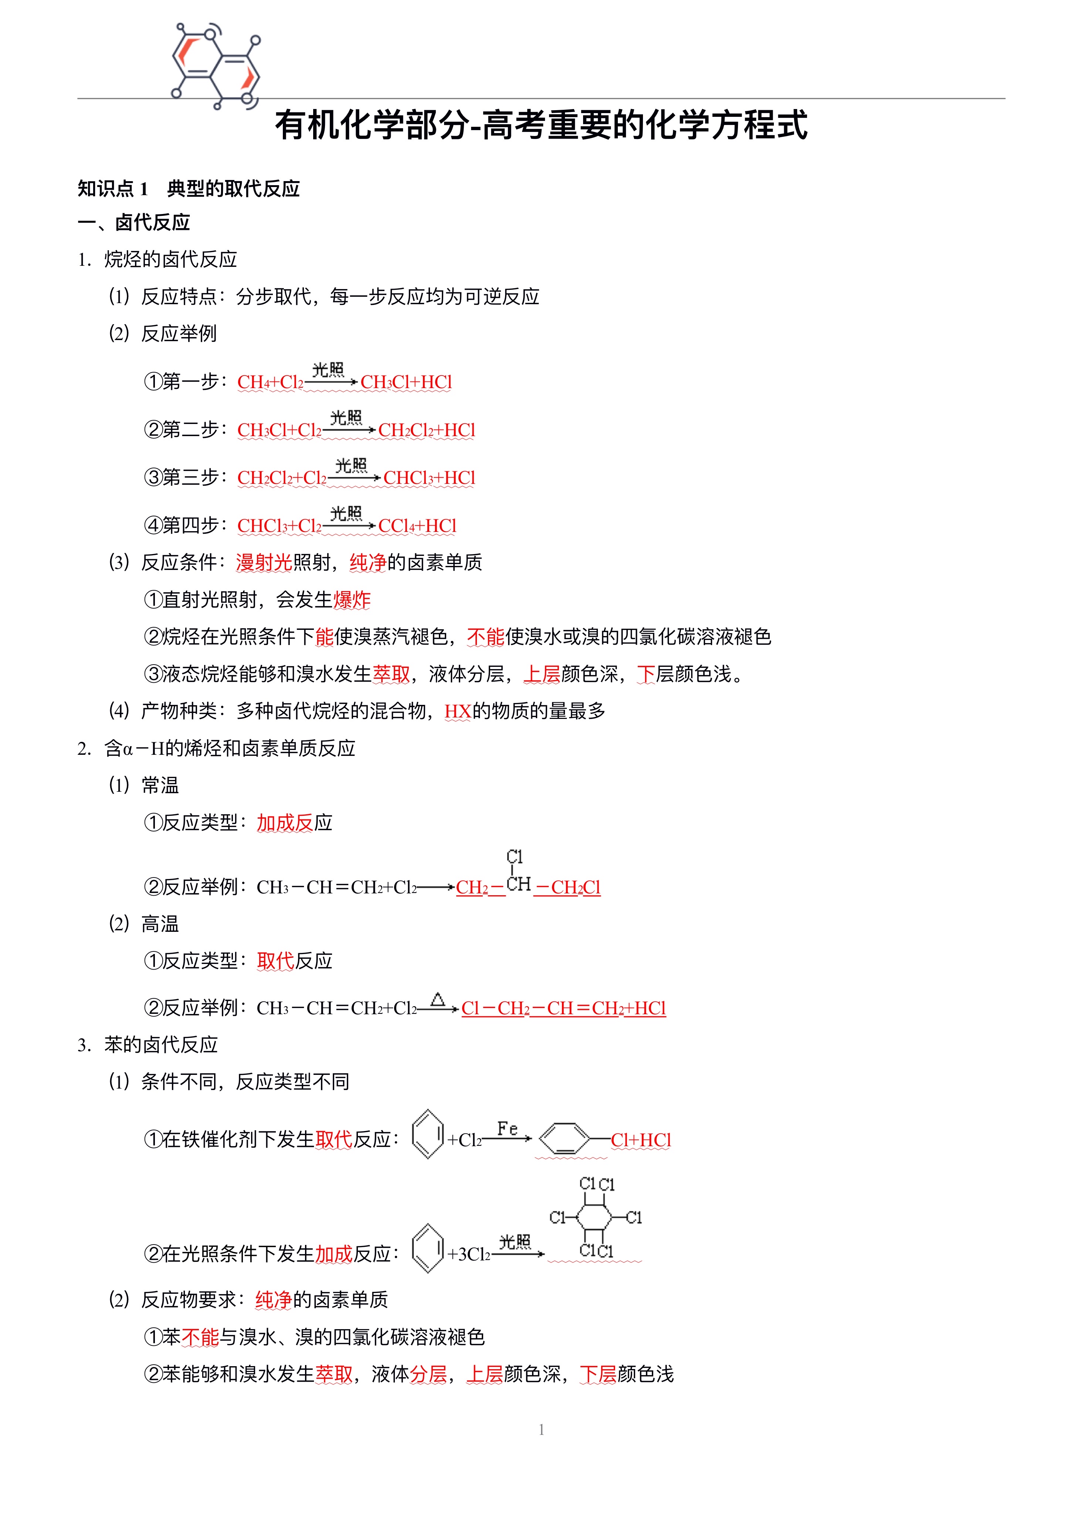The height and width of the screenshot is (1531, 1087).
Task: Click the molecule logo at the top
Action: pyautogui.click(x=216, y=65)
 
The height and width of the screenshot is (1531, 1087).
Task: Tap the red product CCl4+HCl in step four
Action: pyautogui.click(x=417, y=526)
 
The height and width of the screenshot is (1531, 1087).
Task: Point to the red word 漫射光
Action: pyautogui.click(x=264, y=563)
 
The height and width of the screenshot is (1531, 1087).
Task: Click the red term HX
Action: pyautogui.click(x=458, y=711)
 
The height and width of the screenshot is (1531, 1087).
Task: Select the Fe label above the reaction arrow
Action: pyautogui.click(x=507, y=1129)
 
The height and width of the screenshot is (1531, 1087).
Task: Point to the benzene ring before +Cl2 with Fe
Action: pyautogui.click(x=428, y=1134)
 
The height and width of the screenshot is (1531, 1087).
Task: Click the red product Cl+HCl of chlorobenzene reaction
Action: pyautogui.click(x=640, y=1140)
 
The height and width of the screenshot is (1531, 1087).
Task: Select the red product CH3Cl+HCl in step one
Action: pyautogui.click(x=406, y=382)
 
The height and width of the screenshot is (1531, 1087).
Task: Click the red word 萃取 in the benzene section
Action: pyautogui.click(x=334, y=1374)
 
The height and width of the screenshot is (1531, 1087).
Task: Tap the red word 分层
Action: pyautogui.click(x=429, y=1374)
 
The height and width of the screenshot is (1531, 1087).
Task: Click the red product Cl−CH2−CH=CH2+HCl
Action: pyautogui.click(x=563, y=1008)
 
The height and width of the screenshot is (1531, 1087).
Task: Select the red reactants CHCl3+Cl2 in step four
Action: pyautogui.click(x=279, y=526)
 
